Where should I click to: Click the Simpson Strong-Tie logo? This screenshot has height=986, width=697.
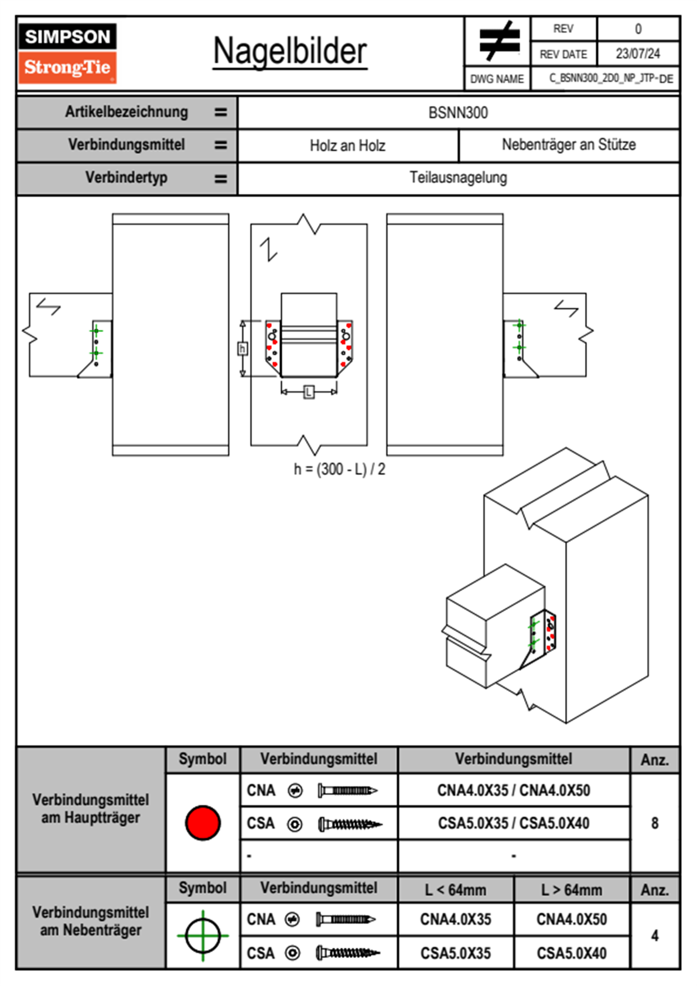[x=67, y=53]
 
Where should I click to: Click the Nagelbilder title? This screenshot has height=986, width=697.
[x=290, y=52]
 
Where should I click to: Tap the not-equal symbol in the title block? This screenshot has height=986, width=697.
[x=498, y=41]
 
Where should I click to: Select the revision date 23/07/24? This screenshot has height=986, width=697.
[x=637, y=54]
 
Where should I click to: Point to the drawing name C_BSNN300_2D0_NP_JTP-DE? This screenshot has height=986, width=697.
[x=610, y=79]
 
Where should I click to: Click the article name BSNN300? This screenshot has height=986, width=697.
[x=458, y=113]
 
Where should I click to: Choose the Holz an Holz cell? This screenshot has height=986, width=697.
[x=347, y=145]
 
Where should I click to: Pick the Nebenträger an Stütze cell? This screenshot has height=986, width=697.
[x=568, y=145]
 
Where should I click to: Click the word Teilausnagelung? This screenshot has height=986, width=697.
[x=458, y=178]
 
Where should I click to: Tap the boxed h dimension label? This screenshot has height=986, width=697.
[x=242, y=349]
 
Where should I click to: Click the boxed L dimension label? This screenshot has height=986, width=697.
[x=309, y=392]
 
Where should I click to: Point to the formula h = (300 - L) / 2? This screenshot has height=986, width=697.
[x=340, y=469]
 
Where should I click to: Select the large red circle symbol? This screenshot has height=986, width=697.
[x=203, y=822]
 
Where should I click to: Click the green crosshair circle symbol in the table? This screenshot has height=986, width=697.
[x=203, y=936]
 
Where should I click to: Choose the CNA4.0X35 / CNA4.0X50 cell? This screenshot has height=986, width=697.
[x=514, y=790]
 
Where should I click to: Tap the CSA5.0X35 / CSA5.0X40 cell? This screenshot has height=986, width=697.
[x=514, y=823]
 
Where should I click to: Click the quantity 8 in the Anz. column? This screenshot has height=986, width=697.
[x=654, y=823]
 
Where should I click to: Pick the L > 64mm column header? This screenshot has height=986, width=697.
[x=571, y=890]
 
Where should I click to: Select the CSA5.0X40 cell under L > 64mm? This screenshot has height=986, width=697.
[x=571, y=953]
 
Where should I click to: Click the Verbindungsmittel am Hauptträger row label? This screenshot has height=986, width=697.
[x=91, y=809]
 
